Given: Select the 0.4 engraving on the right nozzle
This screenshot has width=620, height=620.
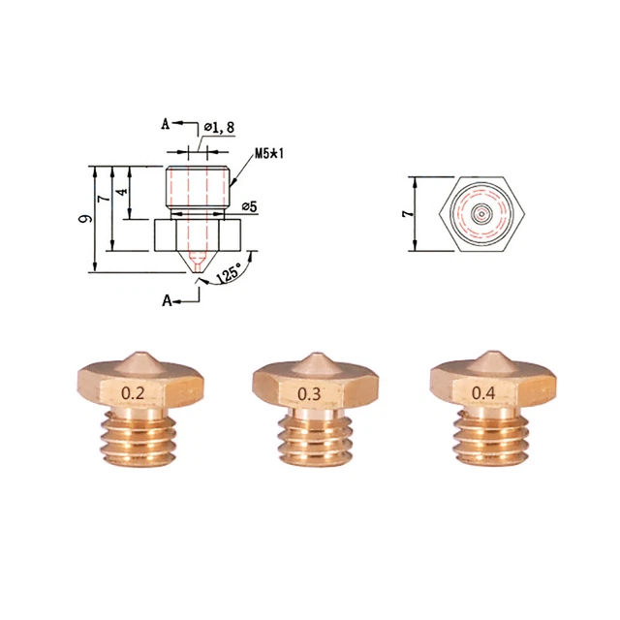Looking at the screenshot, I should (x=480, y=392).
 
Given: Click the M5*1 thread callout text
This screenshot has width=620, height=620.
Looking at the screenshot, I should (x=268, y=154).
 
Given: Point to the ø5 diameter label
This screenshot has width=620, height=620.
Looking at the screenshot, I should (x=249, y=205).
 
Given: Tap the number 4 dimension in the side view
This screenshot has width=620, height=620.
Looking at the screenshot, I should (x=121, y=191).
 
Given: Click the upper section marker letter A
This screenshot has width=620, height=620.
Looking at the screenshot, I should (x=166, y=124).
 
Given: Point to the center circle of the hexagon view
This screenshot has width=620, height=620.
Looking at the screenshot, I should (x=481, y=213).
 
